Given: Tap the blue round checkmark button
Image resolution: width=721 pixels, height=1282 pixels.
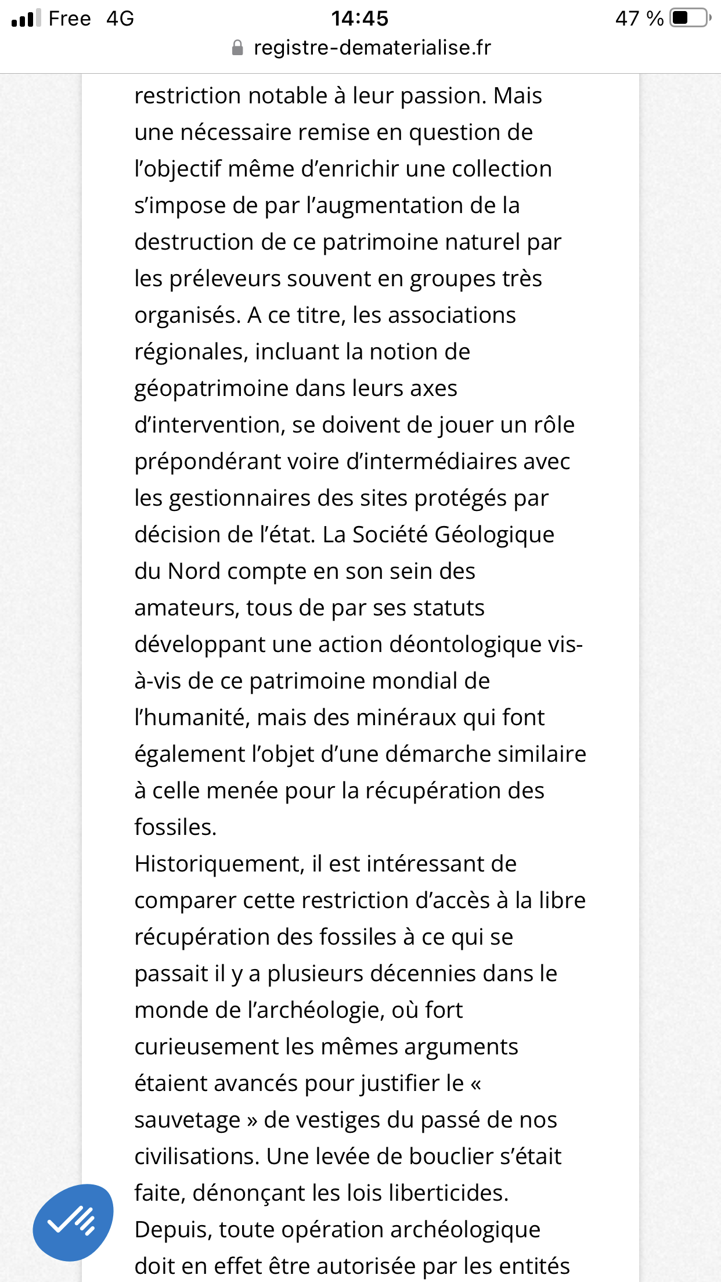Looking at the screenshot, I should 73,1222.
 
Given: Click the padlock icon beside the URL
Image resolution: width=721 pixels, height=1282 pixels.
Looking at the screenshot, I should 237,48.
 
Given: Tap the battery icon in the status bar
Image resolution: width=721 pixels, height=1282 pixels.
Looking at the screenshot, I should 690,18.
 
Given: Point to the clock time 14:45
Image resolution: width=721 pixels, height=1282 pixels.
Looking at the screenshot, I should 359,19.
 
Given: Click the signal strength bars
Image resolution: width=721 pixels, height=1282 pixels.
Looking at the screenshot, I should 26,19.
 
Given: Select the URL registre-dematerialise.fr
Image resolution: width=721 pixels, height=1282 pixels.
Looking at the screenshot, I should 372,48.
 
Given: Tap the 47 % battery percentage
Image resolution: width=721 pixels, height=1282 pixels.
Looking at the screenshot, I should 639,19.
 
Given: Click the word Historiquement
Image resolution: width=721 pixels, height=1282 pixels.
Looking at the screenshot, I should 219,864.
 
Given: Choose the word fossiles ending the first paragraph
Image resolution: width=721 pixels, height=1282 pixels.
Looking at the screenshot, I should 175,827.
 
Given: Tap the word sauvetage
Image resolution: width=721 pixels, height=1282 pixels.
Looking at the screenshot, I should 188,1120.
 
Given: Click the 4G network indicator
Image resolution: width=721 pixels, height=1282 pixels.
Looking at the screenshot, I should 120,19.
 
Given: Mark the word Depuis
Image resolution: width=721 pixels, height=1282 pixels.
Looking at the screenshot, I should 172,1230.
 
